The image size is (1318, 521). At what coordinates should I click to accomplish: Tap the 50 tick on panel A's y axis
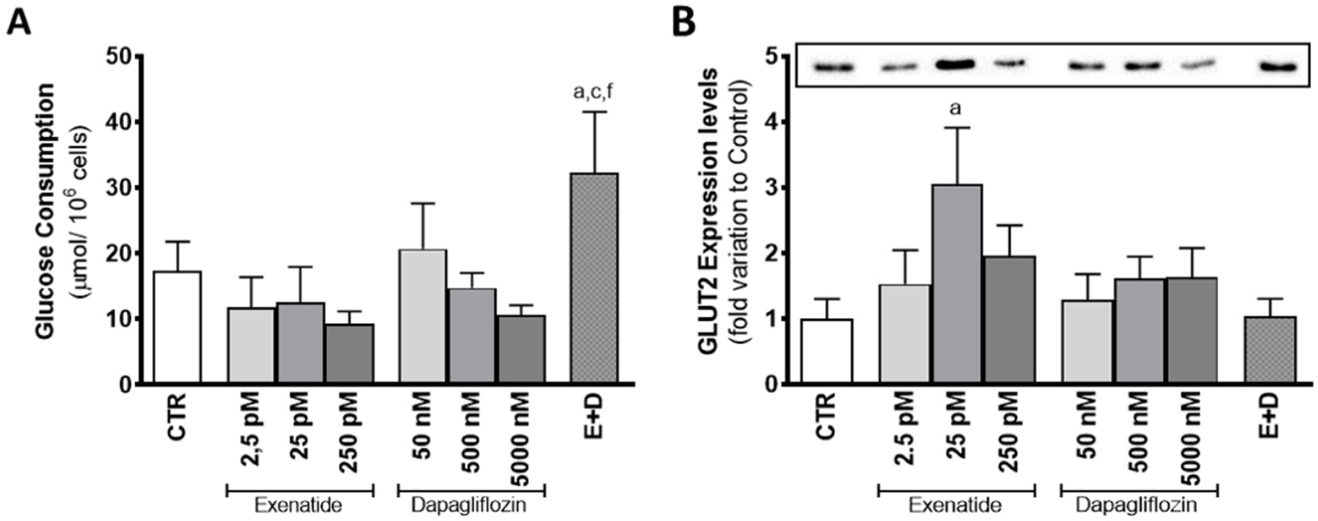click(119, 56)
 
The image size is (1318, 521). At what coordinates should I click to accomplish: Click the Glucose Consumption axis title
click(46, 211)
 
